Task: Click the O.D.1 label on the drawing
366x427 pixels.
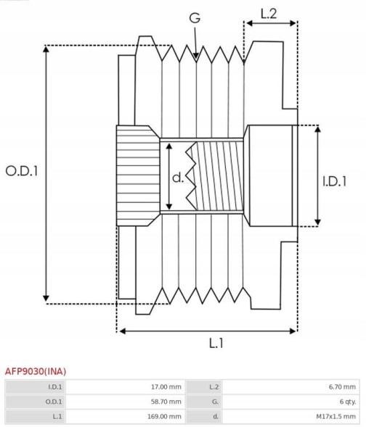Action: point(21,171)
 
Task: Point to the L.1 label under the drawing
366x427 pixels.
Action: point(216,344)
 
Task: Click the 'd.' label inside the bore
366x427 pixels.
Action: point(178,178)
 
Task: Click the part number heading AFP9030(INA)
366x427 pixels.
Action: point(35,370)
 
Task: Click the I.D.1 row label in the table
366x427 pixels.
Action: point(55,386)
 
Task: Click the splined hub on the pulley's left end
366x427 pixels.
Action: point(137,174)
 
